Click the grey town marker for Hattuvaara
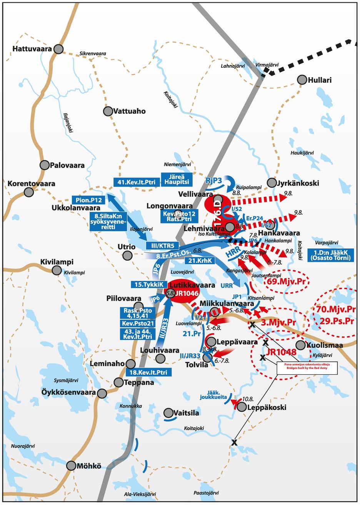[58, 49]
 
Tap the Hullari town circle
[302, 80]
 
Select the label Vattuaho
[129, 111]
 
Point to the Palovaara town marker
[45, 165]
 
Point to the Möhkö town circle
[71, 465]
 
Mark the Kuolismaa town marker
[300, 345]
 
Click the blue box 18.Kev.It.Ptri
[148, 372]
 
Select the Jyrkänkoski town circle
[272, 183]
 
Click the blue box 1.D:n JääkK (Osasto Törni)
[331, 255]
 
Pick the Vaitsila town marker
[168, 413]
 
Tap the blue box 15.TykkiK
[149, 284]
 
